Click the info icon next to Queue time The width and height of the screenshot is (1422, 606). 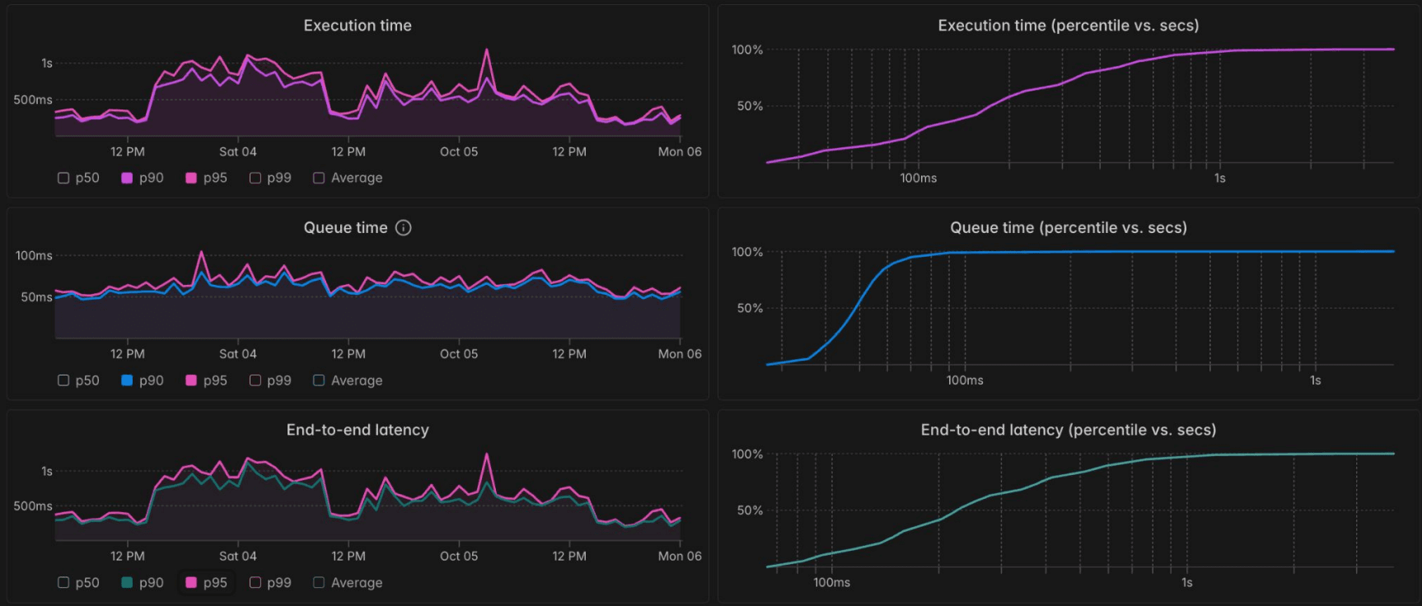tap(403, 228)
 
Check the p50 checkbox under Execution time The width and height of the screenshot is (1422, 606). tap(63, 178)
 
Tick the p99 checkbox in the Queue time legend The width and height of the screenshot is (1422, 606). tap(255, 380)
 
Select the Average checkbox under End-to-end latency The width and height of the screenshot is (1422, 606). tap(319, 583)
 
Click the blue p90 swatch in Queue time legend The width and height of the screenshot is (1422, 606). tap(127, 380)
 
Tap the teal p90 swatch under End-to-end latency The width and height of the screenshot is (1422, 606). tap(127, 583)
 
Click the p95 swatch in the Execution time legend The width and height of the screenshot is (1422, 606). tap(191, 178)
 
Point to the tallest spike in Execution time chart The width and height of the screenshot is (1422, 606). tap(487, 50)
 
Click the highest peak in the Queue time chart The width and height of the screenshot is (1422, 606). tap(201, 253)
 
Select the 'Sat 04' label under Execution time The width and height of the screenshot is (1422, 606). tap(237, 152)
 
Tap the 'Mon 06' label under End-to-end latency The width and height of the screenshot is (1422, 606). tap(680, 557)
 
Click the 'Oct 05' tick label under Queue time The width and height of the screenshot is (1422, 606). tap(459, 354)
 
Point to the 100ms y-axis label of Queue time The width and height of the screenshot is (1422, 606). tap(34, 256)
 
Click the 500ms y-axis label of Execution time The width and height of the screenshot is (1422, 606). tap(33, 100)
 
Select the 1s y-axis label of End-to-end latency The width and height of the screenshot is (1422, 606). tap(47, 471)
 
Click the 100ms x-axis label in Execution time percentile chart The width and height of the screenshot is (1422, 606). tap(918, 179)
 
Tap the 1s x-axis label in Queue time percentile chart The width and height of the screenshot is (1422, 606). tap(1315, 380)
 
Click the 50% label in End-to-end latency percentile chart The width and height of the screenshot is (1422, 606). tap(750, 510)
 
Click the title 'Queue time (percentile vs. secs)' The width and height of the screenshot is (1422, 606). tap(1069, 228)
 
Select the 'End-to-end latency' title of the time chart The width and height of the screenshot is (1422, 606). tap(358, 430)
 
